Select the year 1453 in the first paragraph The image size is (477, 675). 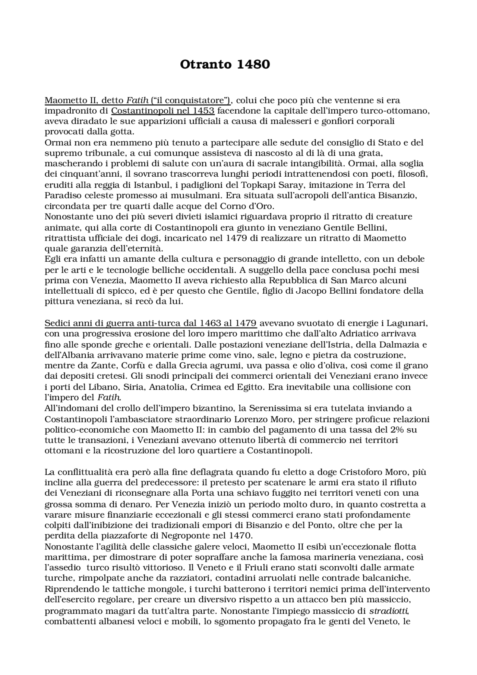point(203,111)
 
